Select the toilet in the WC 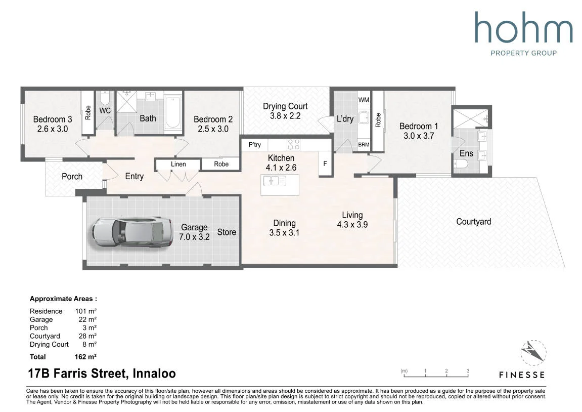(105, 98)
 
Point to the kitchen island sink (274, 181)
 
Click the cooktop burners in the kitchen (294, 145)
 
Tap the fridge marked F (325, 163)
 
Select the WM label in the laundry (364, 100)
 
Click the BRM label (364, 145)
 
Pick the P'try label (255, 145)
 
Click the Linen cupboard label (178, 164)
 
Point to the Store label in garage (227, 232)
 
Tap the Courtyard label (473, 222)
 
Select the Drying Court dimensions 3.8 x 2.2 (285, 116)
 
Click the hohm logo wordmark (524, 27)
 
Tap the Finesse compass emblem (533, 353)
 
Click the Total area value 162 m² (85, 357)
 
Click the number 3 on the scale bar (468, 371)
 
